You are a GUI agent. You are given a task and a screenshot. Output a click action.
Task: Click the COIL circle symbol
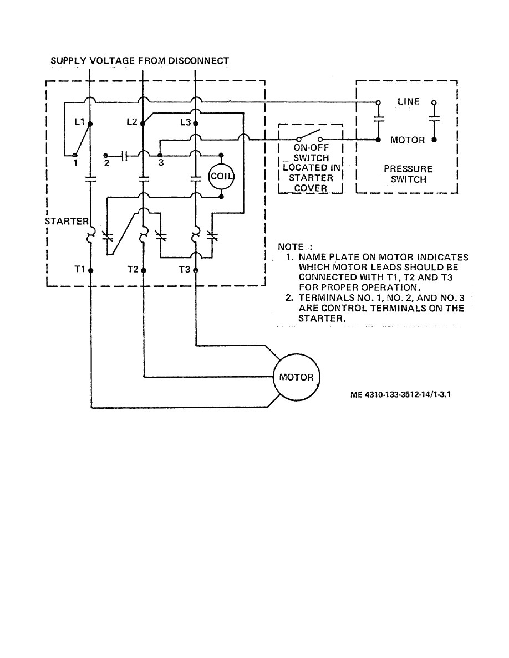(221, 177)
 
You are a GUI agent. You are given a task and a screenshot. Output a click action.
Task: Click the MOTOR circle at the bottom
(296, 378)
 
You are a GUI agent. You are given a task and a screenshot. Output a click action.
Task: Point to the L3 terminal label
(186, 122)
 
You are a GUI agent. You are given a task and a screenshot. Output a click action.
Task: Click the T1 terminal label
(80, 269)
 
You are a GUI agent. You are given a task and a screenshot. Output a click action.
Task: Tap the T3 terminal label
(185, 269)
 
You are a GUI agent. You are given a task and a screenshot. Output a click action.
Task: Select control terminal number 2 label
(107, 163)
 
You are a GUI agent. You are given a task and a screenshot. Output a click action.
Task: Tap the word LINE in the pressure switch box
(409, 102)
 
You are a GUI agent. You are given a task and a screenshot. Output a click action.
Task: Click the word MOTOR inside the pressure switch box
(408, 140)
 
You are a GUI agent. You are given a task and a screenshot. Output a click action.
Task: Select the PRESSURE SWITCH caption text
(408, 174)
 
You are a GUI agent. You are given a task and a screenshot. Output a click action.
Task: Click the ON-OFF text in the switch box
(311, 148)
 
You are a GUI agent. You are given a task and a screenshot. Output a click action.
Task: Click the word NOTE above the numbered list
(291, 247)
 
